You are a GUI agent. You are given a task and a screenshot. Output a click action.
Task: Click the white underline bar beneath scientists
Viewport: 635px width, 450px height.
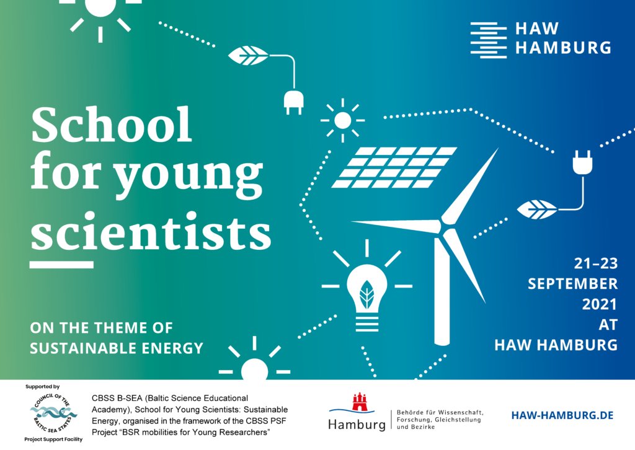click(x=61, y=265)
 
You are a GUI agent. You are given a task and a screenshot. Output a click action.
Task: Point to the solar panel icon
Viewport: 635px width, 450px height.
click(x=394, y=167)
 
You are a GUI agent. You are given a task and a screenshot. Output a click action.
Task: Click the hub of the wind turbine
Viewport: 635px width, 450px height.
click(x=443, y=223)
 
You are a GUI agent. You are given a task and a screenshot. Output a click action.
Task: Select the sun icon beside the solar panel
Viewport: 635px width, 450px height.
click(x=342, y=120)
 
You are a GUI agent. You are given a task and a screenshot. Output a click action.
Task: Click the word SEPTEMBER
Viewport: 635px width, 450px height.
click(x=572, y=284)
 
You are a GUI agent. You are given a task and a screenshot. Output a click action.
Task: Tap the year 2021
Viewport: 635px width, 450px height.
click(x=599, y=304)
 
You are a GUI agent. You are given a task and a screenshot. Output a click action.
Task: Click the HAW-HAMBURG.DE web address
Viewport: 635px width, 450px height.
click(x=562, y=415)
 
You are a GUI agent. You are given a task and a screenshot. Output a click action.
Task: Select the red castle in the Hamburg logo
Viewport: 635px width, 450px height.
click(x=360, y=402)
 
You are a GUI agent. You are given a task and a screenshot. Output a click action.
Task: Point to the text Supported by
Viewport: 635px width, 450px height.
click(x=43, y=387)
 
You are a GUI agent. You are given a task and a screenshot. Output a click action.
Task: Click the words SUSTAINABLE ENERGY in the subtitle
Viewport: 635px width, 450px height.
click(x=117, y=348)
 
